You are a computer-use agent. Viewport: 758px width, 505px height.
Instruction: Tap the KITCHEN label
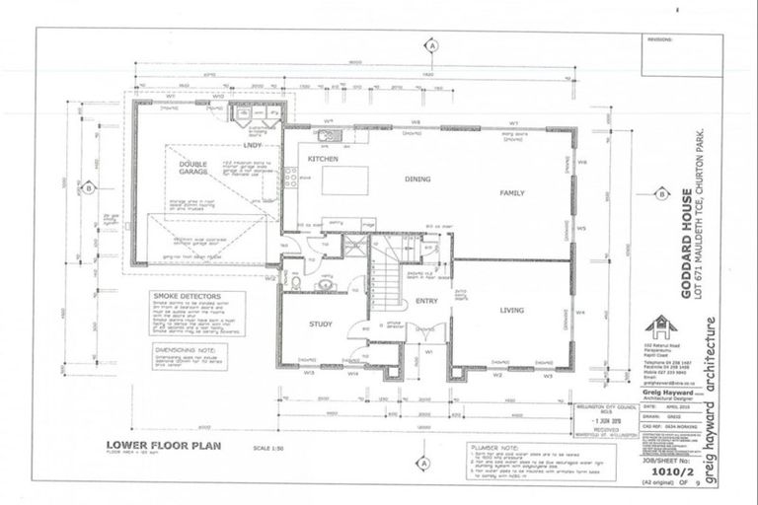(x=323, y=158)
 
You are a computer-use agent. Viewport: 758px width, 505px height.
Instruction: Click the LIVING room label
(x=511, y=311)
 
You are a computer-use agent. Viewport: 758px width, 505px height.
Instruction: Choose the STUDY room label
(x=320, y=323)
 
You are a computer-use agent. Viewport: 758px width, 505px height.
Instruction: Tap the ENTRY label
(x=426, y=302)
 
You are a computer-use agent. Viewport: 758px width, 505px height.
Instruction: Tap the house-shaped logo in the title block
(x=659, y=326)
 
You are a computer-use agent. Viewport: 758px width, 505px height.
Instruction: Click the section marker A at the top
(x=431, y=44)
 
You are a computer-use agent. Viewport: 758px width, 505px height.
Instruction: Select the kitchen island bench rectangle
(x=345, y=180)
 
